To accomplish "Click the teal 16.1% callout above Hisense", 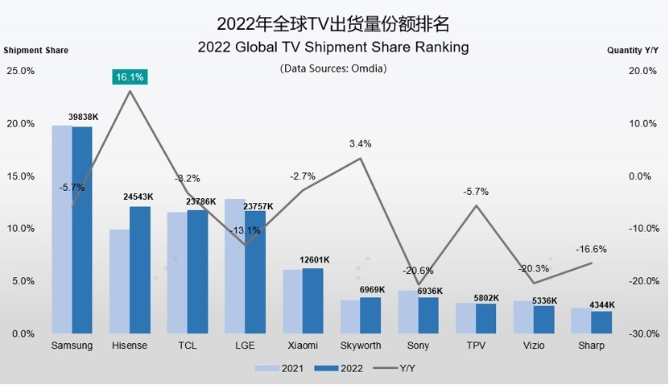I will [129, 77].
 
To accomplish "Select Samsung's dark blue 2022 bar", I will [82, 230].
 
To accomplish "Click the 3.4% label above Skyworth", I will [360, 144].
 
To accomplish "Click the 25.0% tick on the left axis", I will [21, 71].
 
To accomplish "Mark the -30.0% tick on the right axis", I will [641, 333].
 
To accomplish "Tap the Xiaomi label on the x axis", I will [302, 346].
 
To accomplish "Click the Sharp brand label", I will [592, 346].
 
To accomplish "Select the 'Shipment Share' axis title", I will [36, 50].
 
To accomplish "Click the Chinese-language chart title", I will [333, 21].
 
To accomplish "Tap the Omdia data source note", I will [333, 68].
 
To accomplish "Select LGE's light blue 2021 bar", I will [234, 266].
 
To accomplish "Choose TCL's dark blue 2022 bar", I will [197, 271].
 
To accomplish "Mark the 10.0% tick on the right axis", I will [642, 124].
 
